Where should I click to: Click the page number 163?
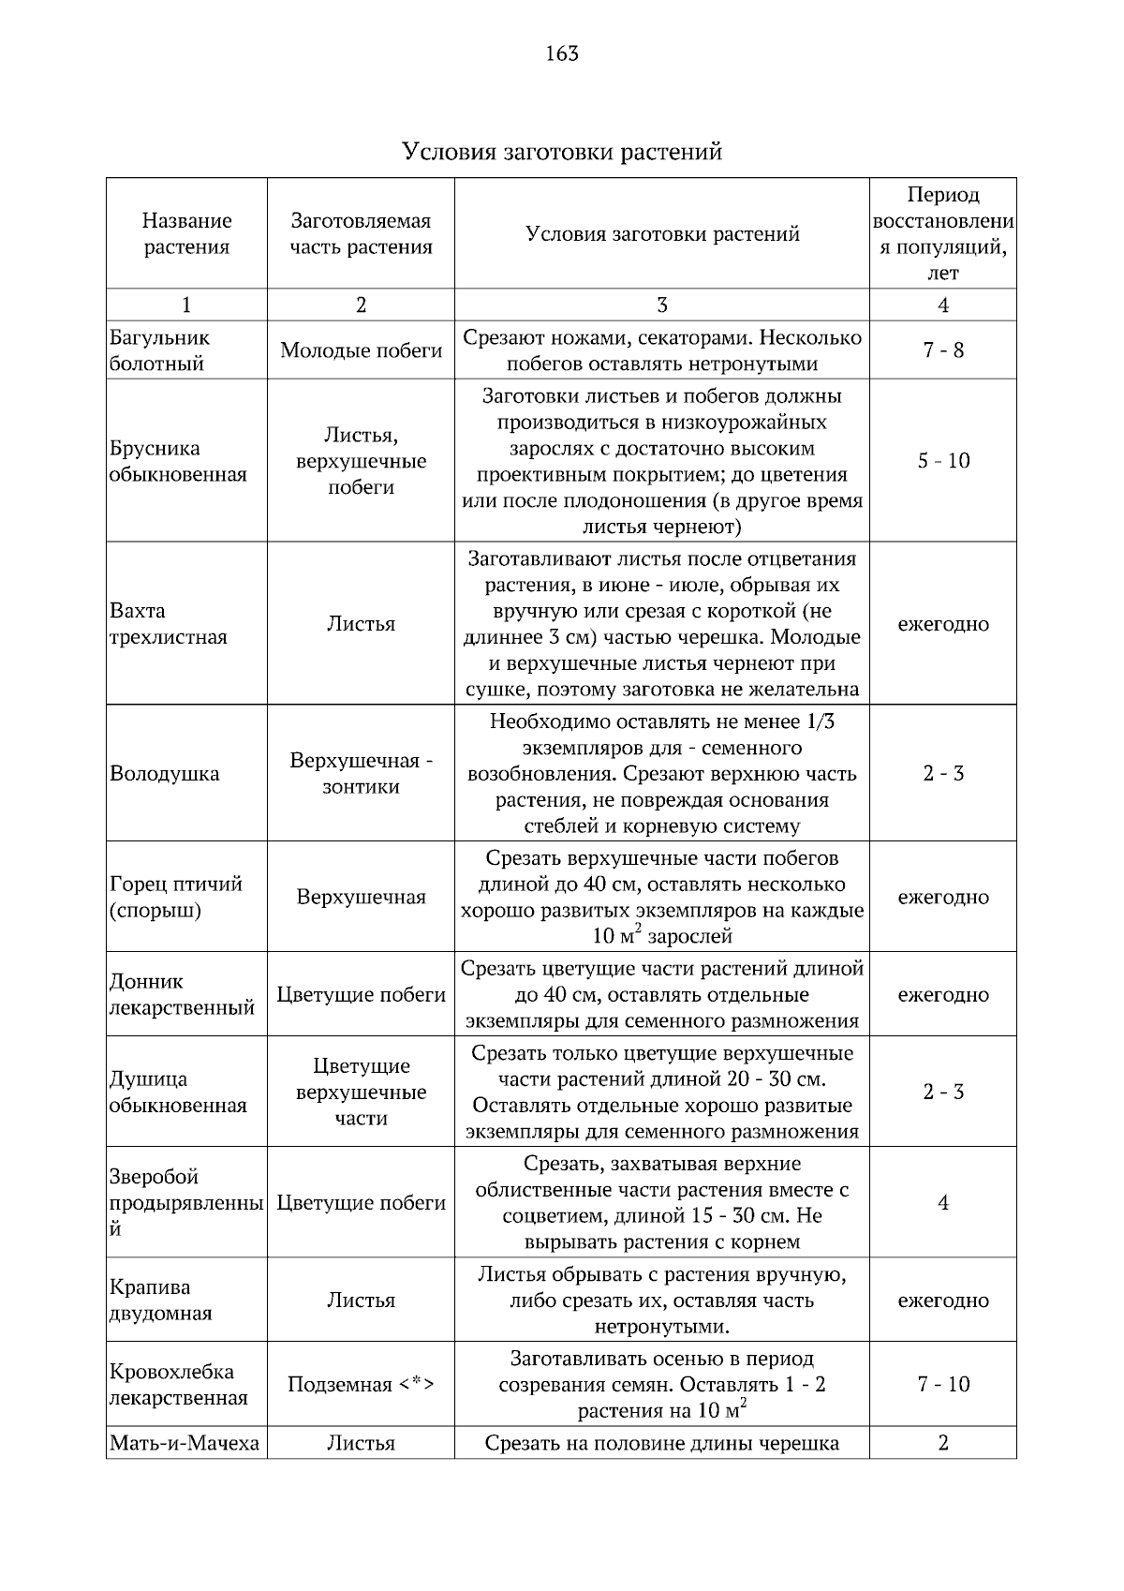(x=562, y=53)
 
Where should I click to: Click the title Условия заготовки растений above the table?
(x=562, y=151)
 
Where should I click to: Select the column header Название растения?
(x=186, y=233)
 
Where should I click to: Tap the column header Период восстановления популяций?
(x=942, y=233)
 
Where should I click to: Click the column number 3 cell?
(x=661, y=305)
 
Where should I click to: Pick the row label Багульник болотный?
(x=159, y=350)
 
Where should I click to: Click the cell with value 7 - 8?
(x=942, y=350)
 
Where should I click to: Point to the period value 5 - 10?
(x=942, y=461)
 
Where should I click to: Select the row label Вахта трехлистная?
(x=168, y=624)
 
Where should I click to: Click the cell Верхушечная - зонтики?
(x=361, y=773)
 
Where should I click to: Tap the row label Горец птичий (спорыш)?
(x=175, y=897)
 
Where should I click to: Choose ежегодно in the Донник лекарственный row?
(x=942, y=994)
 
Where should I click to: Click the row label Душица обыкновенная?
(x=177, y=1092)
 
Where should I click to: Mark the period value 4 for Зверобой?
(x=942, y=1202)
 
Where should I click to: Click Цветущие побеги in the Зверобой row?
(x=361, y=1202)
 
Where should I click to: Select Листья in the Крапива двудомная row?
(x=361, y=1300)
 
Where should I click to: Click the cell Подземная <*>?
(x=361, y=1385)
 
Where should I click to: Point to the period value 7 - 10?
(x=942, y=1385)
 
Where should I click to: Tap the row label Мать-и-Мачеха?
(x=185, y=1443)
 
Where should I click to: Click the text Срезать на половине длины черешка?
(x=661, y=1443)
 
